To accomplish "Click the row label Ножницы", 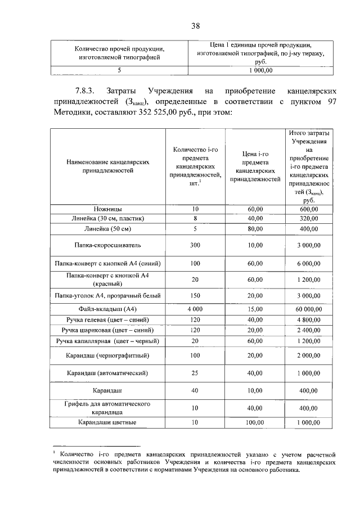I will (107, 209).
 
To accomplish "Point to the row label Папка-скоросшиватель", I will (107, 245).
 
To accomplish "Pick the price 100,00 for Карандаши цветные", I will (255, 422).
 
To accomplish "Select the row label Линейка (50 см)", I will (107, 228).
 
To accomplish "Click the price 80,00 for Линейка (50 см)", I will (255, 228).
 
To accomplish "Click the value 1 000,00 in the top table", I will (260, 71).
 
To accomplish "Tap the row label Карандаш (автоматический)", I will (107, 372).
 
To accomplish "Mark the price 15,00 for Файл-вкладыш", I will (255, 309).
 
